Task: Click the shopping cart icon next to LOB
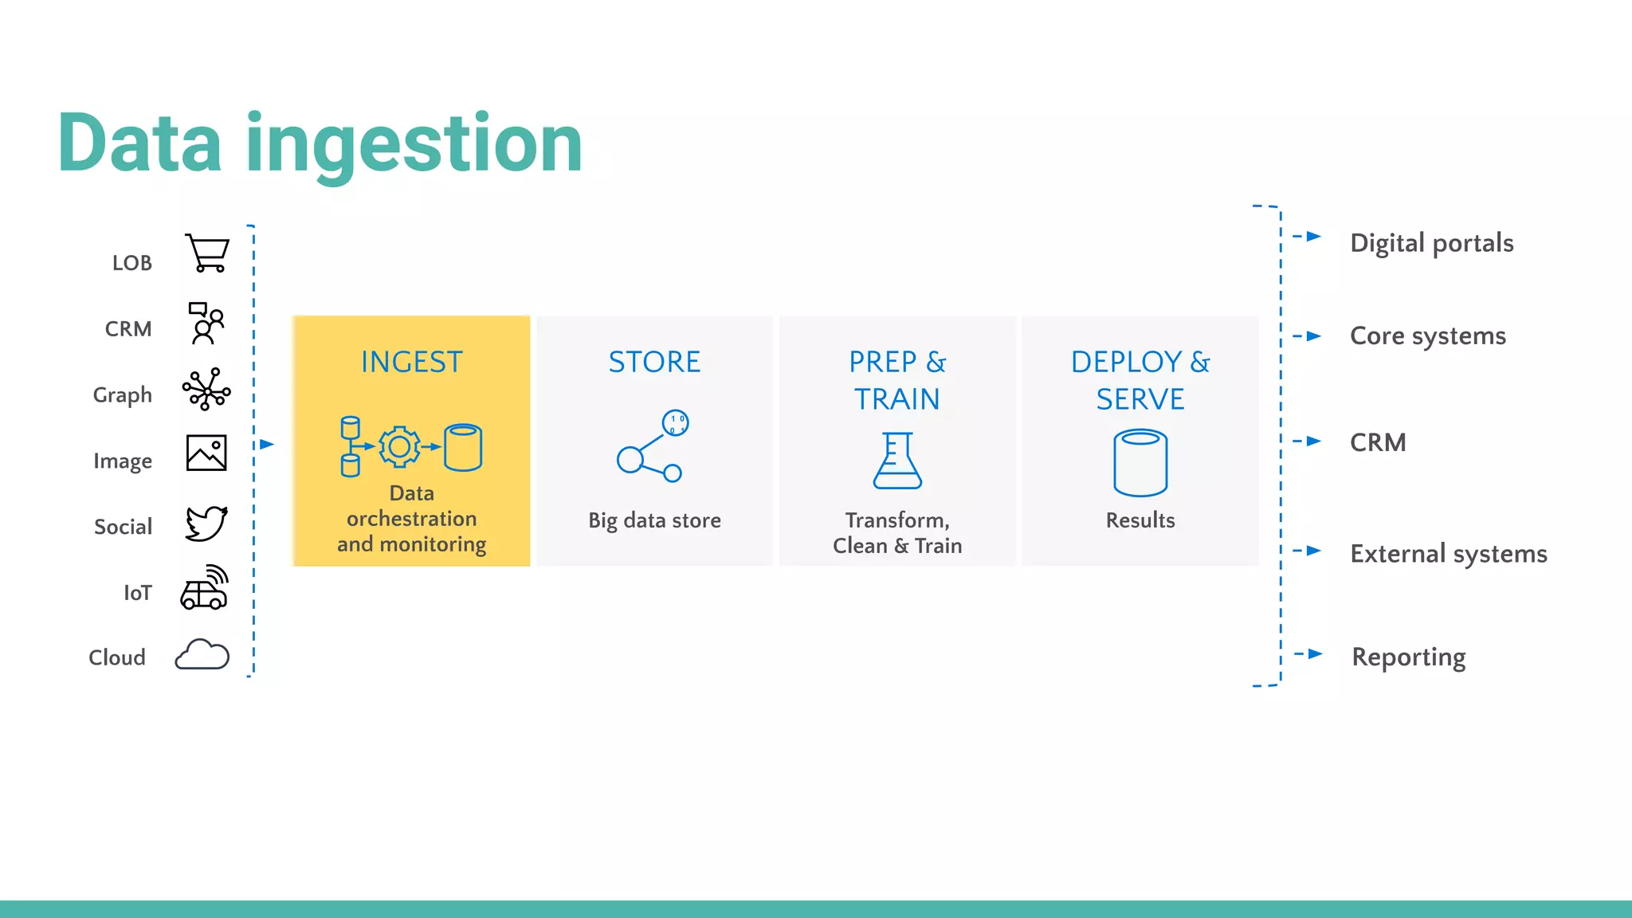207,253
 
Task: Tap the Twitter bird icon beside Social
206,524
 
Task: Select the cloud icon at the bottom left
202,655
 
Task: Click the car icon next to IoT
204,588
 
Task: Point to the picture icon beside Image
206,453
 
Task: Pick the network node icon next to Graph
206,390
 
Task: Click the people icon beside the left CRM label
206,323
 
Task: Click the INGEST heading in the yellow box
411,363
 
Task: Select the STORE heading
654,363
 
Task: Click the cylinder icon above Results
1140,462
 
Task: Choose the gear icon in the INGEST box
399,447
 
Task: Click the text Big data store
654,520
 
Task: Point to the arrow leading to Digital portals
1311,237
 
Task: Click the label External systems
1448,554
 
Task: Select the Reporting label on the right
1408,657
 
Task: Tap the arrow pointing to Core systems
1311,336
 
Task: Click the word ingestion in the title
414,145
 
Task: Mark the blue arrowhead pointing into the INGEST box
267,445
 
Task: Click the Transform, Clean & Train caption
897,533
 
